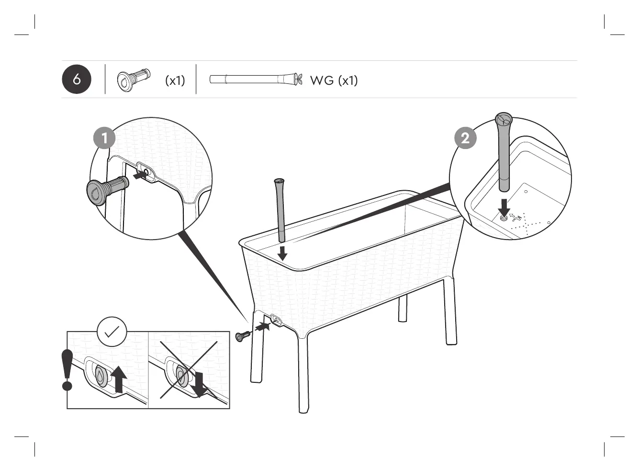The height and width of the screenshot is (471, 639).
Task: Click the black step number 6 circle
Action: (77, 79)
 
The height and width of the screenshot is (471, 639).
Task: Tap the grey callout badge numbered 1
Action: (104, 138)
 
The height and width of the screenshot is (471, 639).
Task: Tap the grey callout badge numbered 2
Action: (465, 138)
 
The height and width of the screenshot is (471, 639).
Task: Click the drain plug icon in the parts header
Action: (133, 80)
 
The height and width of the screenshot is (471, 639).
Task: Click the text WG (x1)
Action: (334, 80)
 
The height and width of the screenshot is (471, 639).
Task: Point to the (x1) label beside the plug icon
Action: (175, 80)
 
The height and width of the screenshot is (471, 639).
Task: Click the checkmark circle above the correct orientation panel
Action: (112, 332)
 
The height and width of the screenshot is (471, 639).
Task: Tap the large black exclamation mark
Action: (67, 369)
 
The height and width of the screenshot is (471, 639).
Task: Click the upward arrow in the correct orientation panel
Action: (119, 379)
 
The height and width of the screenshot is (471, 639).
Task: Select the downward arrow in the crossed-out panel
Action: (198, 383)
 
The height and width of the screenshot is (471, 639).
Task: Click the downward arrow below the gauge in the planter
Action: (282, 253)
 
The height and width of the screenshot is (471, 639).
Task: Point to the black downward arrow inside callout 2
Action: (504, 207)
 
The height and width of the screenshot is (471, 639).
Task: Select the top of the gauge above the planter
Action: (279, 181)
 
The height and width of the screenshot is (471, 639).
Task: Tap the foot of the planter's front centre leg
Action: (303, 408)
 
